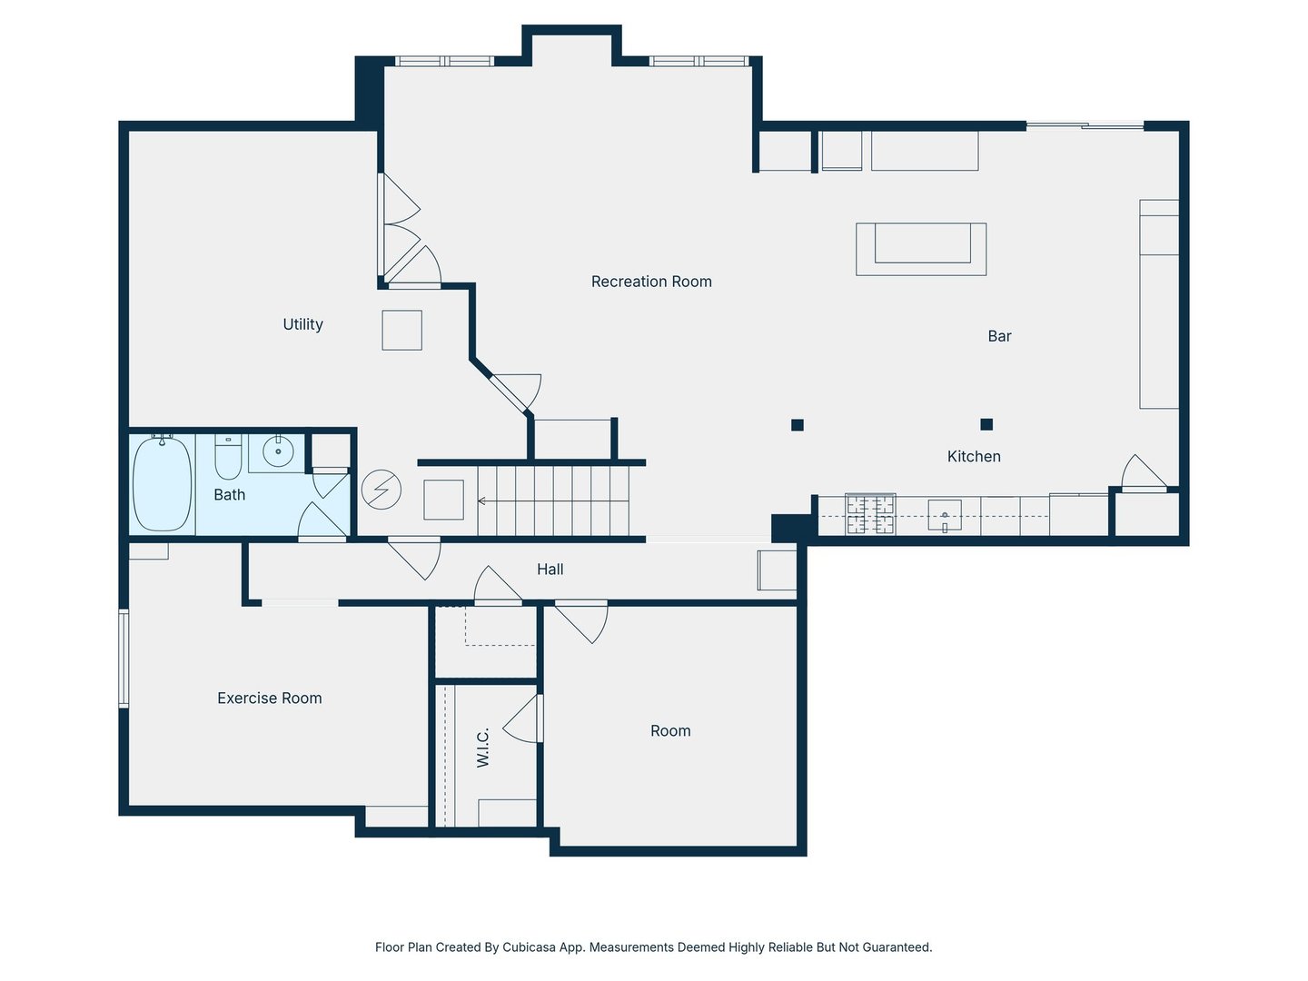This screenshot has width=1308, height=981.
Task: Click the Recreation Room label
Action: [x=650, y=282]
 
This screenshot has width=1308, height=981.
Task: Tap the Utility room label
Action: [x=302, y=324]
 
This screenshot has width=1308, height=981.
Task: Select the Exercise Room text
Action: [x=270, y=698]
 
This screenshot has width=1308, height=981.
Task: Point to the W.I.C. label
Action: [x=482, y=748]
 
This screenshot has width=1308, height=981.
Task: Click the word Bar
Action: [x=999, y=336]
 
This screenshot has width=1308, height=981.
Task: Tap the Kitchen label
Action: [x=974, y=456]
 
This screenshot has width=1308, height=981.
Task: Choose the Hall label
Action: [x=550, y=569]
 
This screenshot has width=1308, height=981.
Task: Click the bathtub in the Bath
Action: [x=162, y=483]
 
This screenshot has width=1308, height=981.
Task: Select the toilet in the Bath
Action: [x=228, y=457]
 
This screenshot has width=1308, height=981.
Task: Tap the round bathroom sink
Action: [x=278, y=451]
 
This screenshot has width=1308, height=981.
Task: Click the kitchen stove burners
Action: [x=870, y=514]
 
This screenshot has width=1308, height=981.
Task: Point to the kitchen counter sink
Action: [x=945, y=515]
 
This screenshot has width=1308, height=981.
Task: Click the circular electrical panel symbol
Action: [x=381, y=490]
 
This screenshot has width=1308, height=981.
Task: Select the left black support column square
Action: [x=798, y=425]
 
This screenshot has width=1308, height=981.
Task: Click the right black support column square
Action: [x=986, y=424]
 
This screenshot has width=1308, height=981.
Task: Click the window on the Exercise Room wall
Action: [x=124, y=658]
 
